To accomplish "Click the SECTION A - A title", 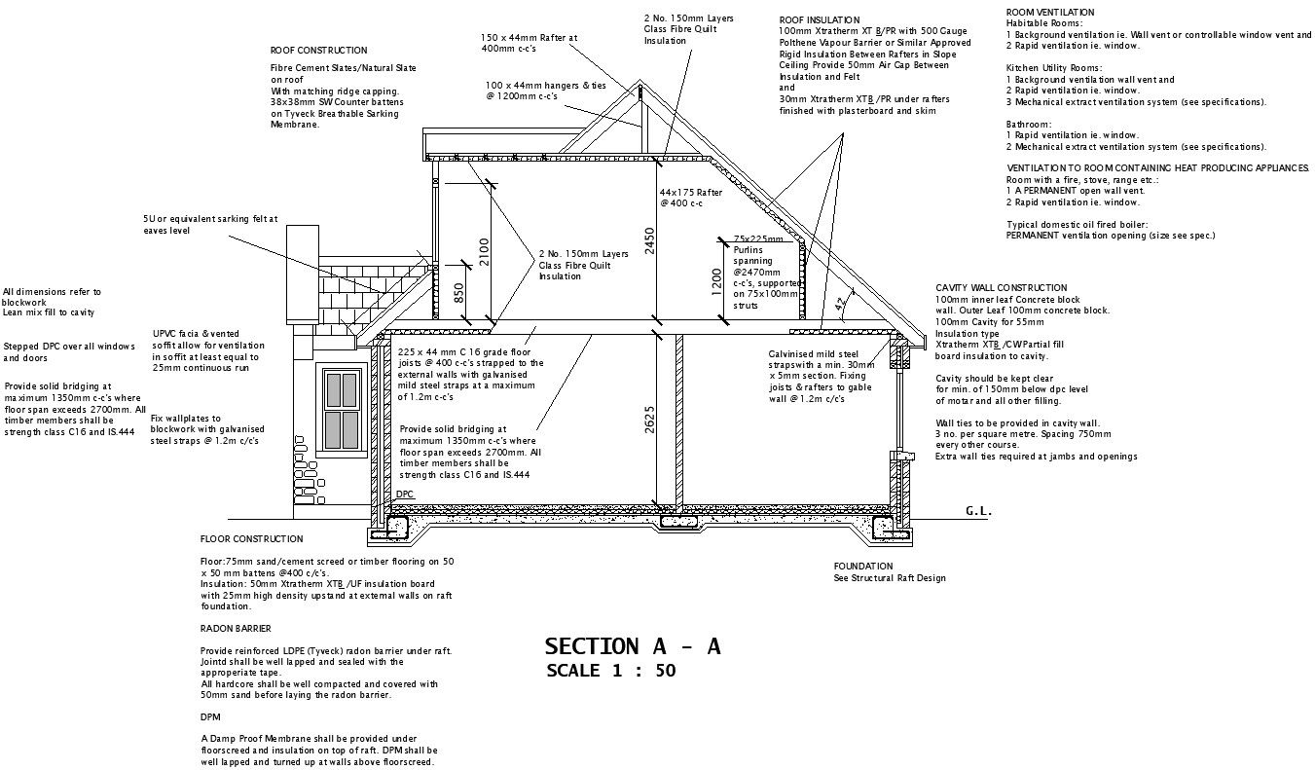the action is (632, 646).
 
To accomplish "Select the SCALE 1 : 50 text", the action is (610, 671).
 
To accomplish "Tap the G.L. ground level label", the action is (977, 511).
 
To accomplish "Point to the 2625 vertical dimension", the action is (649, 419).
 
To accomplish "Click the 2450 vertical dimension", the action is (649, 240).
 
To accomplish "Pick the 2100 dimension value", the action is (484, 252).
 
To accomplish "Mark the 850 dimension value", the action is (458, 293).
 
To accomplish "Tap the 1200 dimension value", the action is (716, 281).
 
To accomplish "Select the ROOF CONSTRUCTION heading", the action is (318, 51).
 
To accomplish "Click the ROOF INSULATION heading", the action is (819, 19).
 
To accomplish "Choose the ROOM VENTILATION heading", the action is (1049, 13).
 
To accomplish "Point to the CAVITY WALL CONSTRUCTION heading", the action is (1001, 288).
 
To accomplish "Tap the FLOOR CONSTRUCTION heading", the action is (251, 539).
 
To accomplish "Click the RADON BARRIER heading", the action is (236, 629).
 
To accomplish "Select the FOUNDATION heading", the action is (862, 567).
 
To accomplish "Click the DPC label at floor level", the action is (405, 495).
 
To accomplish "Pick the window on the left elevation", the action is (342, 409).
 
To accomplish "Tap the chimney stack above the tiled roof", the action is (301, 252).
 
